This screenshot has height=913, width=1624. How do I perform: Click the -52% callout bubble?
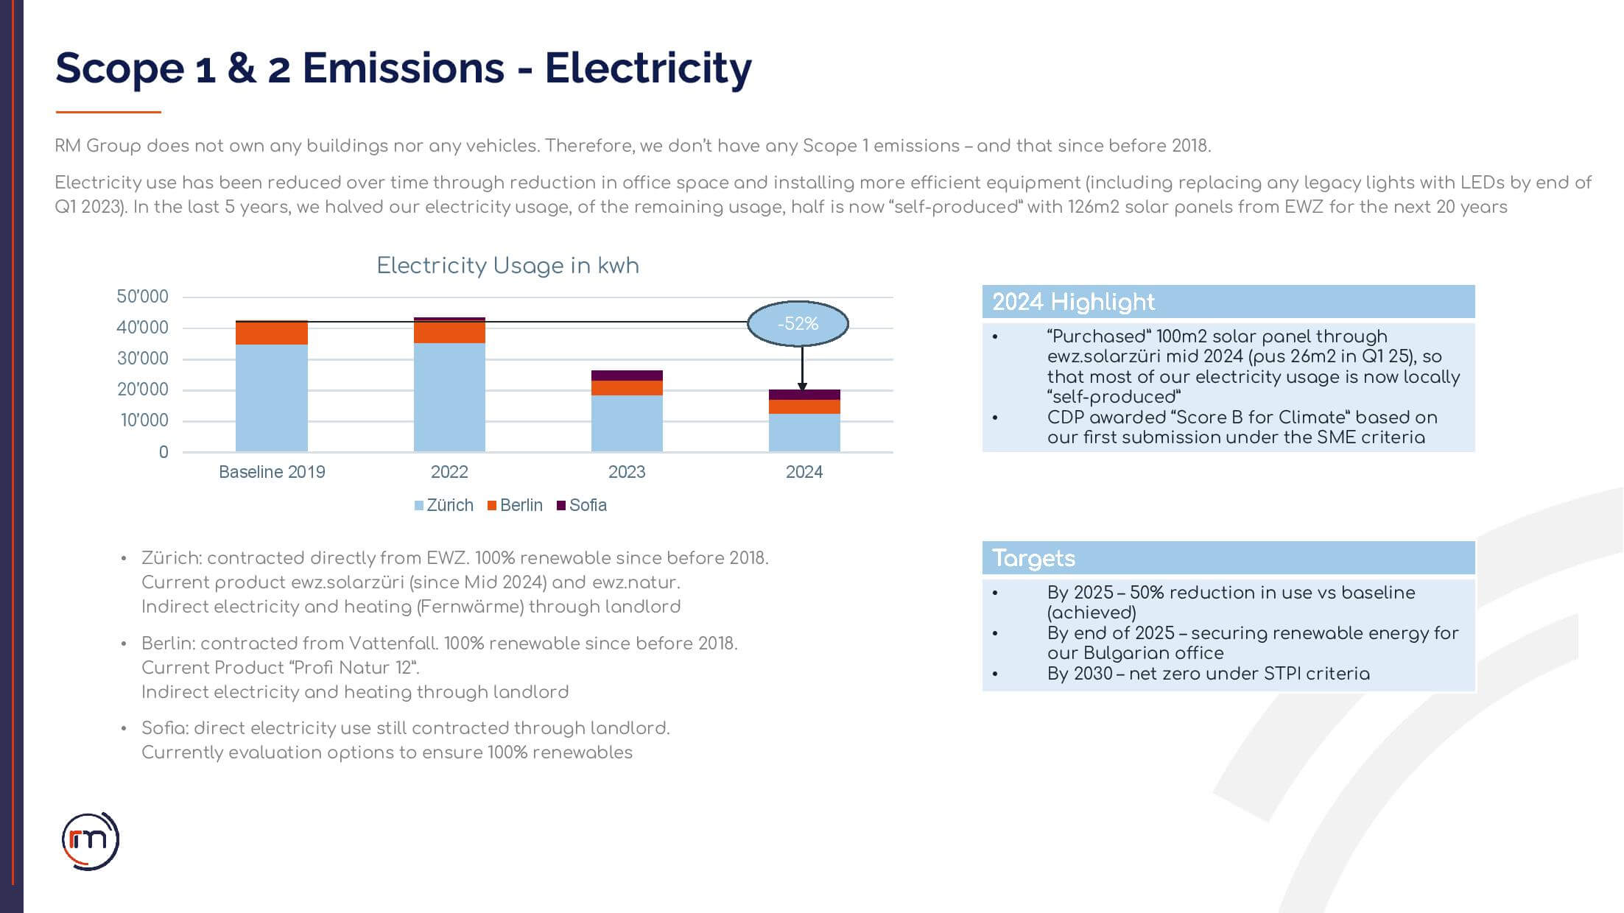point(798,323)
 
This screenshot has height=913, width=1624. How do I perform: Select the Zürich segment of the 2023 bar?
point(627,423)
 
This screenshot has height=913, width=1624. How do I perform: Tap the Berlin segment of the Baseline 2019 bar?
point(272,334)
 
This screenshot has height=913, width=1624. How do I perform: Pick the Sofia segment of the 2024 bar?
point(804,395)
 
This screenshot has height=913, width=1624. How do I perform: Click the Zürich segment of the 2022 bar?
point(449,397)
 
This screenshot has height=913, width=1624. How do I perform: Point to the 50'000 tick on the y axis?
point(142,297)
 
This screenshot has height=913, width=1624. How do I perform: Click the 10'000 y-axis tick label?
point(143,420)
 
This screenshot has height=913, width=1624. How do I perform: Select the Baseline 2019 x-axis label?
point(272,472)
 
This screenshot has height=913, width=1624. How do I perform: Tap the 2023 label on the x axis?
point(627,472)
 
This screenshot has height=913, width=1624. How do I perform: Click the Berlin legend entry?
point(515,505)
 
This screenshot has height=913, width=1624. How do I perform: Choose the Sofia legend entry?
point(582,505)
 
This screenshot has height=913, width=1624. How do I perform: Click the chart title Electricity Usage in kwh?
point(507,266)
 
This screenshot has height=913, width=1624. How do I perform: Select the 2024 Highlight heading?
point(1073,302)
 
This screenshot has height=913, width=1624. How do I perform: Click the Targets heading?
point(1033,558)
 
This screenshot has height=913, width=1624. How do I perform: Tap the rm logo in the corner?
point(91,841)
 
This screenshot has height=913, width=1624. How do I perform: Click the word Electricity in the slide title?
point(648,68)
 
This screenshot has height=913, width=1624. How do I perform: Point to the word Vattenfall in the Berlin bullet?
point(393,644)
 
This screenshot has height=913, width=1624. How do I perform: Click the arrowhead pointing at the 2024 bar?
point(803,387)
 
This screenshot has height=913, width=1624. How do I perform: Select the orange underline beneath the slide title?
point(108,112)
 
